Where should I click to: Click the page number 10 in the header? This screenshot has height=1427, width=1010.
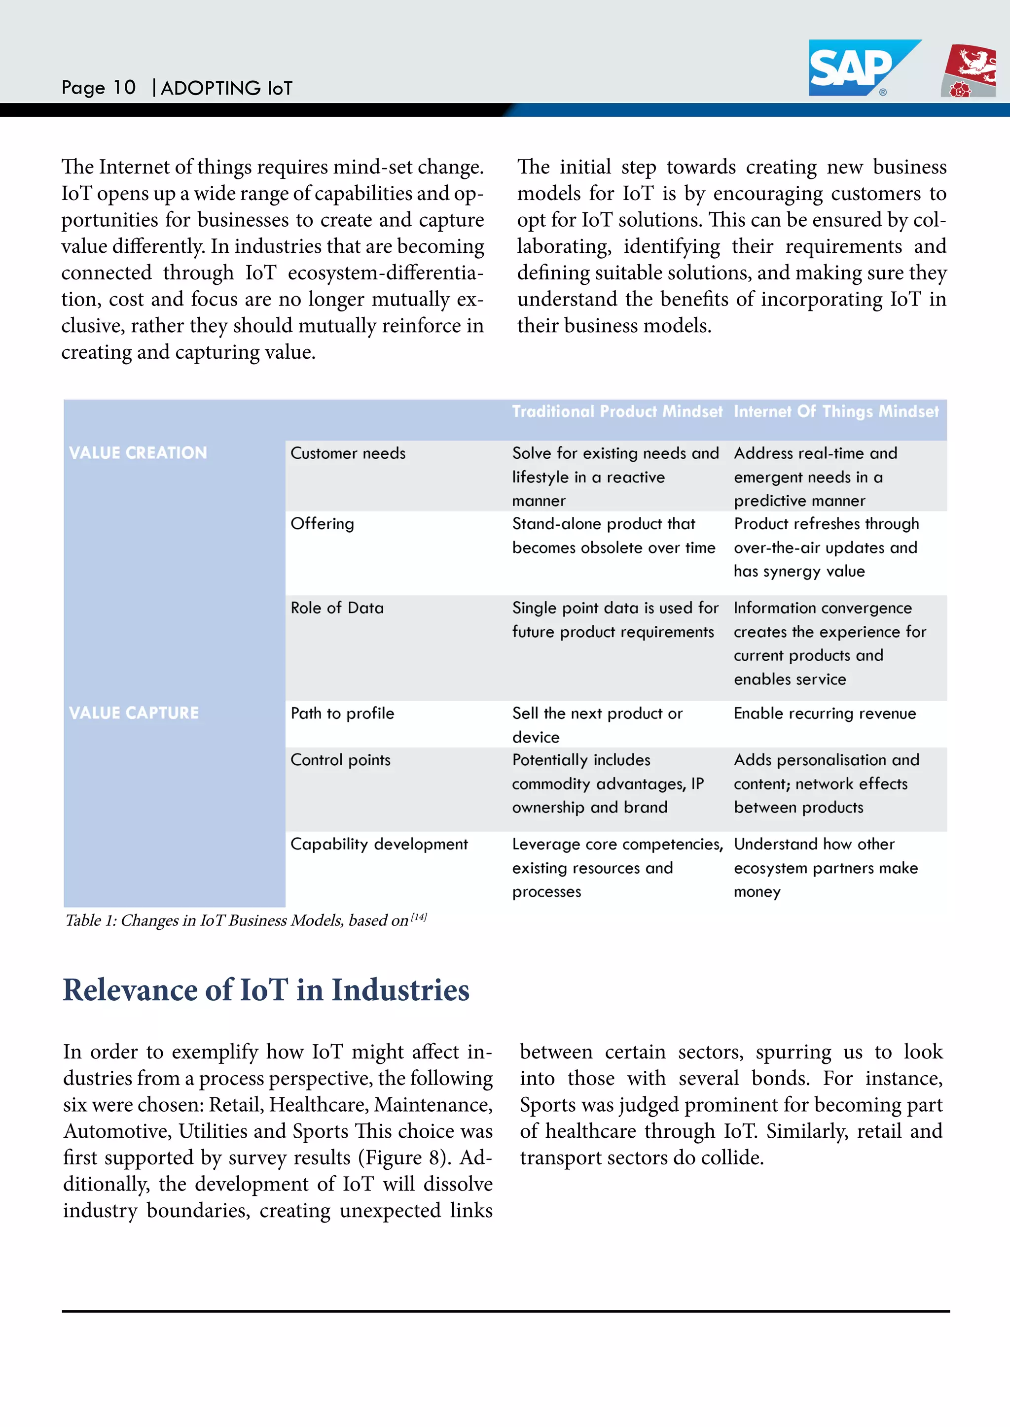click(x=124, y=88)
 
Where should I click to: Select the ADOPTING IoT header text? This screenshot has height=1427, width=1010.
click(x=226, y=88)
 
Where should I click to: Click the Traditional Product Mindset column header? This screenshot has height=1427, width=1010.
click(x=617, y=411)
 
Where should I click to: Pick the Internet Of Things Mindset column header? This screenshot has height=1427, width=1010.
click(x=836, y=411)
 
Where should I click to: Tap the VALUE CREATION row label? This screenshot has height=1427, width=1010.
click(x=138, y=453)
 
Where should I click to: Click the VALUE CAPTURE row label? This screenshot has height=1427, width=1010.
click(x=134, y=713)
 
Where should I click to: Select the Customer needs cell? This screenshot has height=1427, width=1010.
click(x=348, y=454)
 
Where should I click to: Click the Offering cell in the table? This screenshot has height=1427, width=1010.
click(x=322, y=524)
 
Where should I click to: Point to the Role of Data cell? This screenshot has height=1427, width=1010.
click(x=337, y=608)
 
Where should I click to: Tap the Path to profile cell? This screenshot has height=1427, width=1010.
click(x=342, y=713)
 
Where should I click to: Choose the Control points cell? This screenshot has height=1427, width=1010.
click(x=340, y=760)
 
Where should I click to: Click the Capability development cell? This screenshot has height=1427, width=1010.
click(x=379, y=844)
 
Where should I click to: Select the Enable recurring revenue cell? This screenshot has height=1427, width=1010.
click(x=825, y=713)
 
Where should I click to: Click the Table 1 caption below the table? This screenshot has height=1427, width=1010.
click(x=236, y=920)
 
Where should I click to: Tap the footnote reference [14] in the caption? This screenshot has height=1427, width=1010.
click(x=419, y=917)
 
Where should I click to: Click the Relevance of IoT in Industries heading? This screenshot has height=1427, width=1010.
click(x=266, y=990)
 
